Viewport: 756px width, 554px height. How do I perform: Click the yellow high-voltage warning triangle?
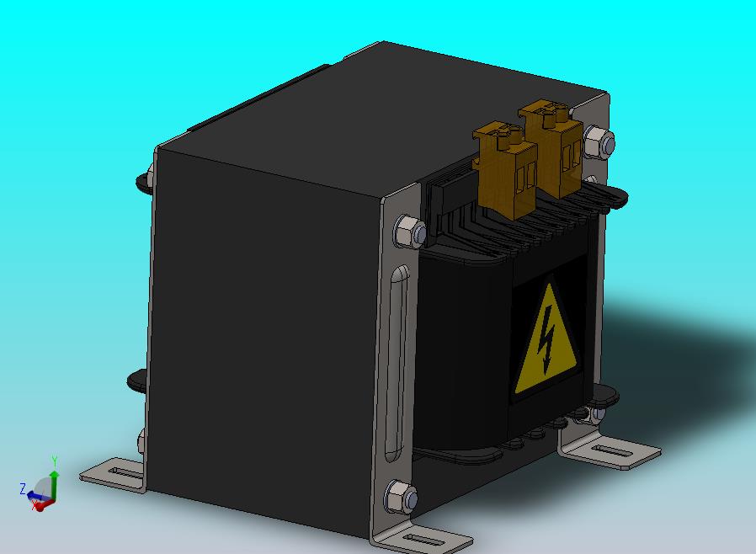(546, 343)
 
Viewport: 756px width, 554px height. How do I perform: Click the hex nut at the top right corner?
(599, 141)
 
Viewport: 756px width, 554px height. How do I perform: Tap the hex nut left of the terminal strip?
(410, 232)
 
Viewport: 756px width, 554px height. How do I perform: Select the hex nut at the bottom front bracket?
(401, 497)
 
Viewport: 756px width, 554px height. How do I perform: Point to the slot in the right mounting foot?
(612, 452)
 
